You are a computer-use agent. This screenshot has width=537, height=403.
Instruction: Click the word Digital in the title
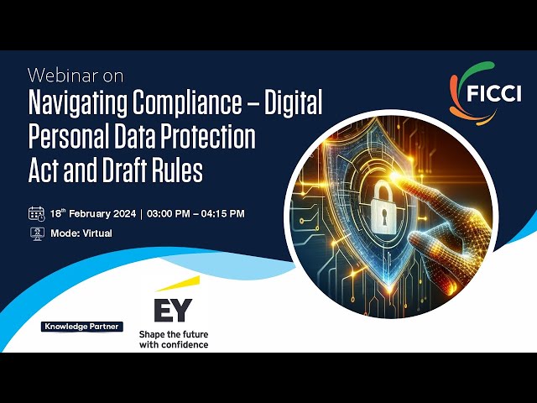pos(293,105)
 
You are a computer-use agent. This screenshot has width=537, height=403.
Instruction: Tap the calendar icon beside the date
pos(36,213)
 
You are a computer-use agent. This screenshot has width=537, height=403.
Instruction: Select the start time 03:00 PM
pos(172,214)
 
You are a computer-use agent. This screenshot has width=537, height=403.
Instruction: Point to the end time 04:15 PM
pos(220,214)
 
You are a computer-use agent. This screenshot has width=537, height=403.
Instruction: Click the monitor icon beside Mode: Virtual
pos(36,233)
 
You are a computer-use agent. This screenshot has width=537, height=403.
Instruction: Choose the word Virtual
pos(96,233)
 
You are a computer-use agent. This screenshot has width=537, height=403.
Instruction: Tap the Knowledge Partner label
pos(81,327)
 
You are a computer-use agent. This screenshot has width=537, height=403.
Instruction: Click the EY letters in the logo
pos(173,310)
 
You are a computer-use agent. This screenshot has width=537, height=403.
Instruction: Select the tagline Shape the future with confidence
pos(173,338)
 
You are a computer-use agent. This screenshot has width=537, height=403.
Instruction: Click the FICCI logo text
pos(496,90)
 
